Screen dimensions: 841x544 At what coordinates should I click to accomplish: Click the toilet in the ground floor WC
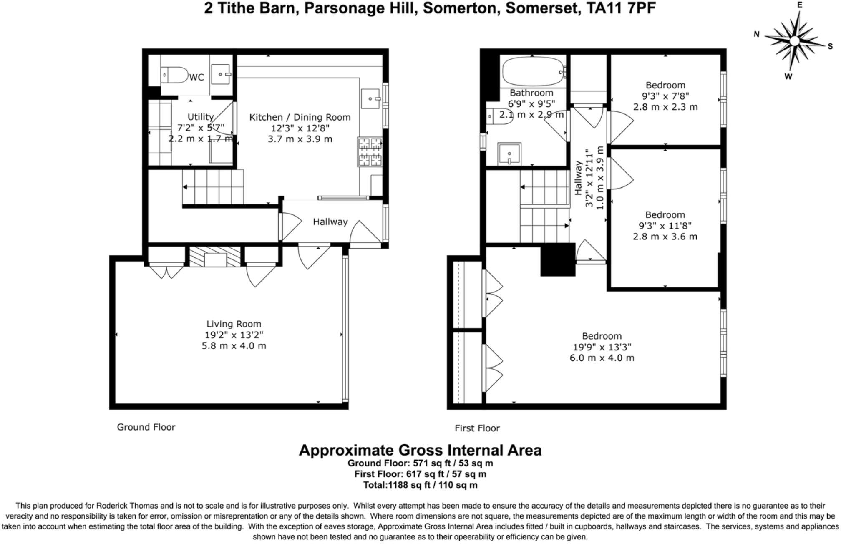[175, 75]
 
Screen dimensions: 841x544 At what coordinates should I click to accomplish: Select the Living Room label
[234, 324]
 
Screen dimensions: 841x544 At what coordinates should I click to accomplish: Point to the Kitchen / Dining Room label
[300, 117]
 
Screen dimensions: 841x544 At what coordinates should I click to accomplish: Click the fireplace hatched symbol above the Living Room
[215, 257]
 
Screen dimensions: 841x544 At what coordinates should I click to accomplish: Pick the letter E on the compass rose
[799, 5]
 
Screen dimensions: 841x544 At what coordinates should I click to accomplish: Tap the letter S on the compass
[830, 46]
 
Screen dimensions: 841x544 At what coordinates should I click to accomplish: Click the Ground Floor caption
[146, 427]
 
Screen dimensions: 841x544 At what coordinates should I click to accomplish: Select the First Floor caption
[477, 428]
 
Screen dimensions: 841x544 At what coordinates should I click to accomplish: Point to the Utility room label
[200, 117]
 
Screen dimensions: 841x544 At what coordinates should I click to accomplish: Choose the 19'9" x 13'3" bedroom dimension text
[602, 347]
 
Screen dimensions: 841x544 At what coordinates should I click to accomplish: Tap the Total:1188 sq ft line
[420, 485]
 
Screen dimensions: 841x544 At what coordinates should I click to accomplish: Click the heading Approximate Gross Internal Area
[420, 450]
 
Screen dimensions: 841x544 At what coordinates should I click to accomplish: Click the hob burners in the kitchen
[370, 152]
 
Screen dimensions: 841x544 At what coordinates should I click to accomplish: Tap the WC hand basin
[221, 74]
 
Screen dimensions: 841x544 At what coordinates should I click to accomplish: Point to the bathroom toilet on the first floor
[494, 116]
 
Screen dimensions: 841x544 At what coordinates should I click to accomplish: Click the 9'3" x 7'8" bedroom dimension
[665, 96]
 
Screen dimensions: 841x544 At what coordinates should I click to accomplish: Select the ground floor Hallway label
[330, 222]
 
